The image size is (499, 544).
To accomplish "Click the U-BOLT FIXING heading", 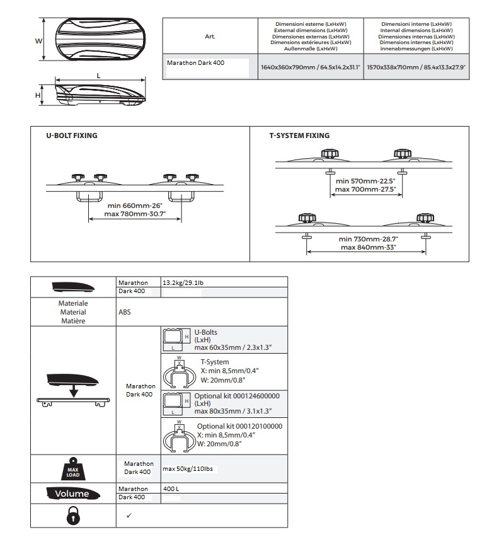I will [72, 136].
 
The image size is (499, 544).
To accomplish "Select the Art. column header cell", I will [210, 37].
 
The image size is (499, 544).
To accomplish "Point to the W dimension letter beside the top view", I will [38, 40].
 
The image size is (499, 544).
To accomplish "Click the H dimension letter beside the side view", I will [38, 96].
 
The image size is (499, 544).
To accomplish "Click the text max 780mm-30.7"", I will [135, 213].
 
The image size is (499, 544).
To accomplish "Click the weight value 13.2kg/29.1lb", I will [183, 283].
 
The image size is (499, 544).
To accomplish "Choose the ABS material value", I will [125, 311].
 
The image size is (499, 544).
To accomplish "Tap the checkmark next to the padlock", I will [129, 516].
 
